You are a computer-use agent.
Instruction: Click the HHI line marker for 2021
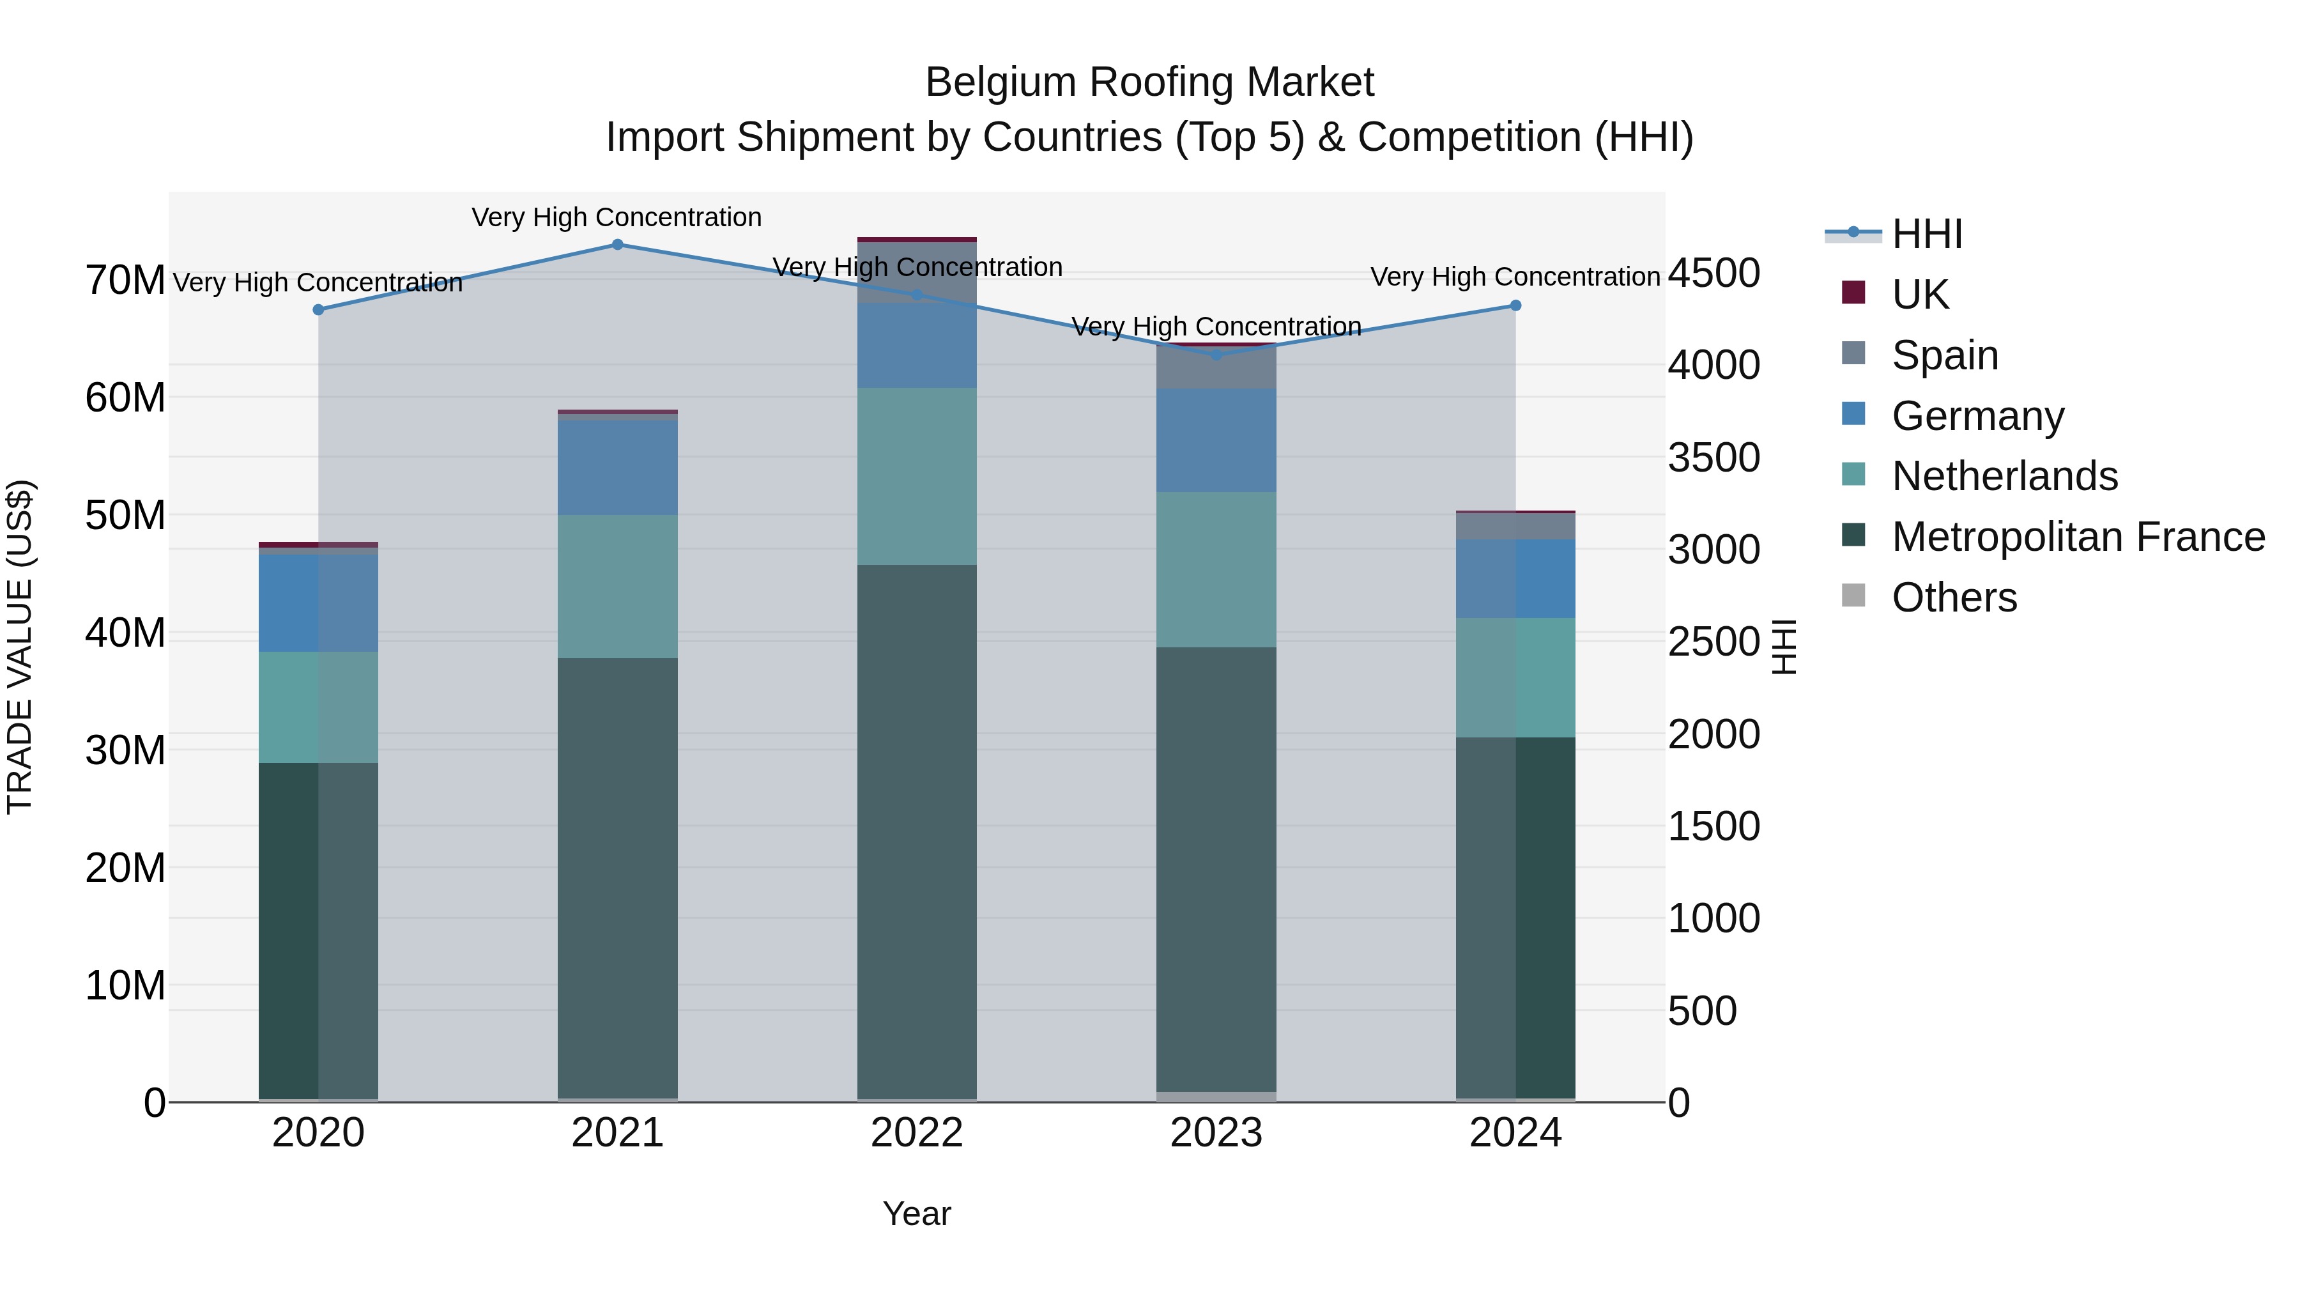pos(617,245)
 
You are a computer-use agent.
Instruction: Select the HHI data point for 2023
pos(1216,355)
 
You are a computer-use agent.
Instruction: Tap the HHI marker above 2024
pos(1515,305)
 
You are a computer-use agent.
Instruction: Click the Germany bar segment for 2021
pos(617,467)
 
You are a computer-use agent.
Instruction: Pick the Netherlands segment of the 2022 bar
pos(917,476)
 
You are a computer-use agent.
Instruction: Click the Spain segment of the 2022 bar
pos(917,272)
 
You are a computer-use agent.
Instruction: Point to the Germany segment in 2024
pos(1515,579)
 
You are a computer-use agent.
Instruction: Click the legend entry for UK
pos(1920,295)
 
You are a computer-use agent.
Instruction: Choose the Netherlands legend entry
pos(2004,476)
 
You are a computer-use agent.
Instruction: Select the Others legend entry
pos(1954,597)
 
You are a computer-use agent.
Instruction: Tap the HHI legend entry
pos(1927,234)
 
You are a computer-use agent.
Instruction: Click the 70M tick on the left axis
pos(125,281)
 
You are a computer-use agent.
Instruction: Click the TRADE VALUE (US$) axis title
pos(20,647)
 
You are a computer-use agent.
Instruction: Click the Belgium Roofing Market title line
pos(1149,82)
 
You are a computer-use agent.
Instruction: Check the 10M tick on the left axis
pos(125,986)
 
